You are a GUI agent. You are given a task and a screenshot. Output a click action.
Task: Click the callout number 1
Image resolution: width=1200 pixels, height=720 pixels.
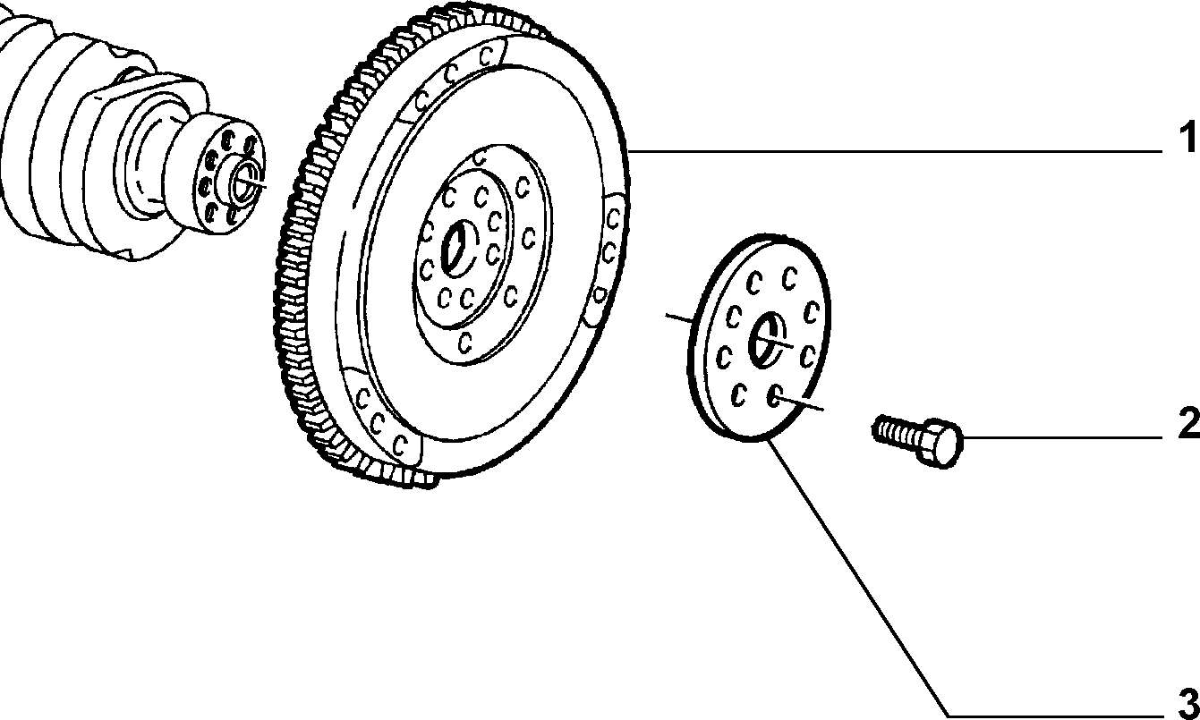point(1187,137)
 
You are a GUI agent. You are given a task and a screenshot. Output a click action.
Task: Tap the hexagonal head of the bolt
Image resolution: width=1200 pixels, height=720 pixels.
point(938,444)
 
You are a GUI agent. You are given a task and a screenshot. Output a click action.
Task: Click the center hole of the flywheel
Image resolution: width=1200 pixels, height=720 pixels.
point(458,250)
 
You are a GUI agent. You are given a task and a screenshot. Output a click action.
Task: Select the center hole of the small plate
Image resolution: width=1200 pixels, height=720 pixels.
point(765,339)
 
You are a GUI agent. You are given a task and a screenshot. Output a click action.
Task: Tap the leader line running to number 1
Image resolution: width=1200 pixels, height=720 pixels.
point(895,151)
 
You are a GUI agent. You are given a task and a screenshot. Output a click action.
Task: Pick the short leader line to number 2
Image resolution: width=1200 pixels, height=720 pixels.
point(1062,437)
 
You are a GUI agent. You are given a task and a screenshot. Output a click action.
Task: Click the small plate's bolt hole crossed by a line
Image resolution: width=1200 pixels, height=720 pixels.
point(775,395)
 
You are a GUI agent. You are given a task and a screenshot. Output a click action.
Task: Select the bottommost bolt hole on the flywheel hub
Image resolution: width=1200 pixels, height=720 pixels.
point(465,342)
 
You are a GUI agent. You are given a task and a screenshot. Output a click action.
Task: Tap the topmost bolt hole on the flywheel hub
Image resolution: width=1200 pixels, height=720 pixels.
point(480,157)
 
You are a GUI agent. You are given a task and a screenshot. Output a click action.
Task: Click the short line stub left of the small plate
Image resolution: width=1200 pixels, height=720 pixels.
point(679,318)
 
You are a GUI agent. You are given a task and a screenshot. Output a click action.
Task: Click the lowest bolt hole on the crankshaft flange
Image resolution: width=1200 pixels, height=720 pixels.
point(210,213)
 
